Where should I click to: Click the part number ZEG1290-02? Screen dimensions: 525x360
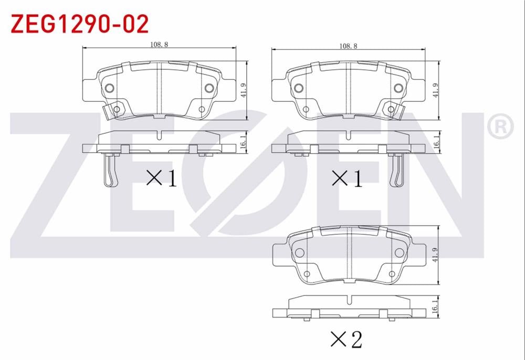coord(80,24)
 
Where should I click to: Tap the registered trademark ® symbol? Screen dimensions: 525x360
coord(500,127)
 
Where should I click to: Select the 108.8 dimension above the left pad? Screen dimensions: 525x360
coord(159,44)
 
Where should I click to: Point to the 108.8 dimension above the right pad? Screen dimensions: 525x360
coord(348,46)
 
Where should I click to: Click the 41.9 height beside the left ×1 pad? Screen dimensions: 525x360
coord(244,90)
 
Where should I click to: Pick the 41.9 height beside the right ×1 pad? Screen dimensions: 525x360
coord(435,90)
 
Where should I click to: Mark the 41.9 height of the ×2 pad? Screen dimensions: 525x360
coord(435,255)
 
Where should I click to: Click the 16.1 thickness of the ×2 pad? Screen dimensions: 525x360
coord(435,306)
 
